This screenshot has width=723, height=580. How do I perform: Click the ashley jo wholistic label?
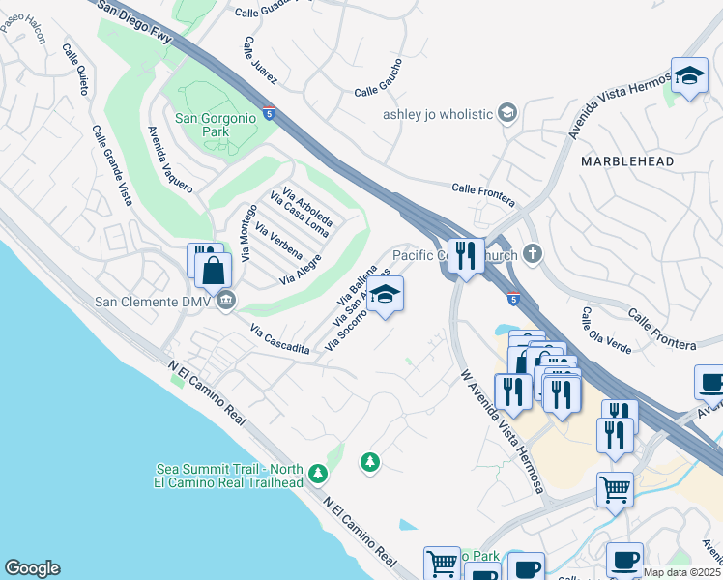(x=438, y=114)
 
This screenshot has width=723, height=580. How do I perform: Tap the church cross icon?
(x=532, y=255)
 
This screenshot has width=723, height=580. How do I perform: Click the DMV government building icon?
(x=225, y=301)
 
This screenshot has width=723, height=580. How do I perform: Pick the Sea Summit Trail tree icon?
(x=319, y=474)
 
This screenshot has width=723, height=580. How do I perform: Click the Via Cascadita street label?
(x=279, y=340)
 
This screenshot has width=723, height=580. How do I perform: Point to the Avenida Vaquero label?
(x=168, y=159)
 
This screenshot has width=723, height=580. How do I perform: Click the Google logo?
(x=32, y=568)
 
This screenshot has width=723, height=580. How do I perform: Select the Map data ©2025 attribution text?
(x=681, y=572)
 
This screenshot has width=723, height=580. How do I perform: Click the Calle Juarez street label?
(x=261, y=60)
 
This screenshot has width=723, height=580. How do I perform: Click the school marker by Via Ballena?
(x=385, y=295)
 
